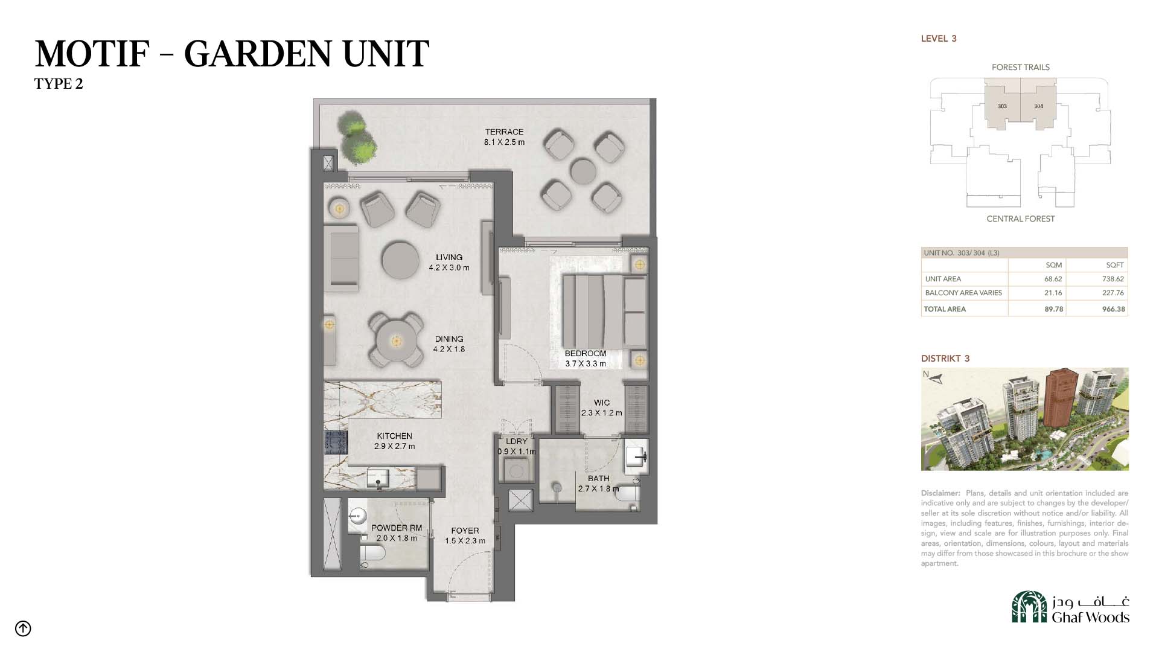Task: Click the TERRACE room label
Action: (504, 132)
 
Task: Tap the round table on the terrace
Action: (583, 171)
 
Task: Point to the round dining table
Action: (396, 342)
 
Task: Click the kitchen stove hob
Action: (336, 442)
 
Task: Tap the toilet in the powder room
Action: (372, 555)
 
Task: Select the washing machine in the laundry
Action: (517, 468)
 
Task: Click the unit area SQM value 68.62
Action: (1053, 279)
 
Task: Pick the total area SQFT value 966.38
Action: (1114, 309)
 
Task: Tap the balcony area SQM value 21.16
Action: (1053, 293)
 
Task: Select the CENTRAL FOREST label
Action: (1021, 219)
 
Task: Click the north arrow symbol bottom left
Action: (23, 628)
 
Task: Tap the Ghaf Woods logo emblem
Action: (1029, 607)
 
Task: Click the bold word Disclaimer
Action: (940, 493)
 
